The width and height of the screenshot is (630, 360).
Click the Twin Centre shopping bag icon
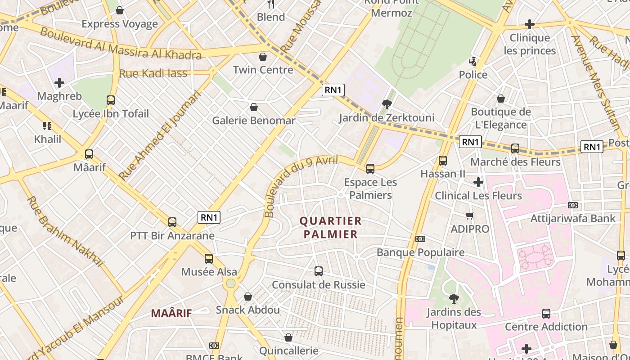(x=263, y=57)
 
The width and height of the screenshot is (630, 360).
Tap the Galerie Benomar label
(x=254, y=120)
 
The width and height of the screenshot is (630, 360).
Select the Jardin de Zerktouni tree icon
(x=386, y=104)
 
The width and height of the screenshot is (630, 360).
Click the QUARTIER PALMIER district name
(x=330, y=227)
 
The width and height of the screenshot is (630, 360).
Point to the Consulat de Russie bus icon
(x=319, y=271)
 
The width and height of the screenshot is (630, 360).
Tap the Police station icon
(x=473, y=62)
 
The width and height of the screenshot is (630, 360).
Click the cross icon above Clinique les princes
(x=530, y=24)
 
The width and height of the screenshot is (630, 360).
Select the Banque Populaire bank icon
(x=420, y=239)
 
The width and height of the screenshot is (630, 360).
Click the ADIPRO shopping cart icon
(x=470, y=216)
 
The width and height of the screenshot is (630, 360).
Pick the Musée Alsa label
(x=209, y=272)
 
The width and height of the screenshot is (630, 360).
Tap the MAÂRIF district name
(x=171, y=313)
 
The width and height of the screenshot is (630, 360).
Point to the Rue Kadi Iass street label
(x=153, y=73)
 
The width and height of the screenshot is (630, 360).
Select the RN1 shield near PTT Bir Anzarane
(x=209, y=217)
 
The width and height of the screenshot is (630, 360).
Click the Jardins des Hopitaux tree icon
(x=454, y=298)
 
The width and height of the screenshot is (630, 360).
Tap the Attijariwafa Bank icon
(x=573, y=205)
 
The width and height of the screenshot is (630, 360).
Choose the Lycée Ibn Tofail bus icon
(x=111, y=100)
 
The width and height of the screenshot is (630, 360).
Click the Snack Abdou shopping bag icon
(x=247, y=297)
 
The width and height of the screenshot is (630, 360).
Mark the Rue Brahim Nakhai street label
(x=66, y=231)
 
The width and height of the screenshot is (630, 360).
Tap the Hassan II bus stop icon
(x=443, y=161)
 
